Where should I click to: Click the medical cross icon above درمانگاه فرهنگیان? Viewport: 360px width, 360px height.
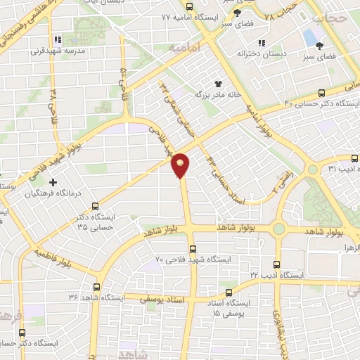point(53,182)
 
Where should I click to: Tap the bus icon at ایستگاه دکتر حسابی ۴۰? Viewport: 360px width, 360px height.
point(322,92)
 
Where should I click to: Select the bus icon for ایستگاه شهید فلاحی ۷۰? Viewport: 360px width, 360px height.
point(193,248)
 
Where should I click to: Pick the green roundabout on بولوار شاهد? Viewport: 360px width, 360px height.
point(279,229)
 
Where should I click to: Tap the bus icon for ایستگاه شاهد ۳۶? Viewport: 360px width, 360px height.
point(96,286)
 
